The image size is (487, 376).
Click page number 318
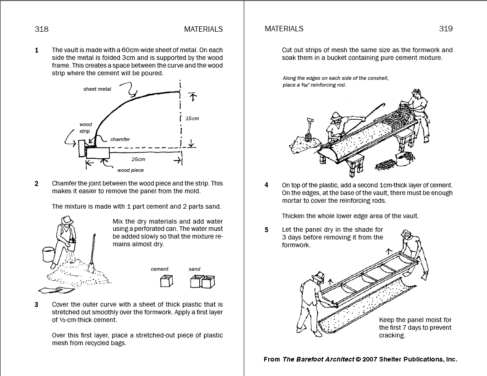pos(41,29)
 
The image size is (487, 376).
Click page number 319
pos(446,29)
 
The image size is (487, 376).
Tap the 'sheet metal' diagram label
pos(97,89)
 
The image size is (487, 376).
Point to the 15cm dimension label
pos(192,118)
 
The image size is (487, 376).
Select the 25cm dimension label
pos(138,159)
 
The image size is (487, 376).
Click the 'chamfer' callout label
pos(120,139)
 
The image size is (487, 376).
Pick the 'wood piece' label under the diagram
pos(130,170)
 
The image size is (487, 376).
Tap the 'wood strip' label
pos(85,127)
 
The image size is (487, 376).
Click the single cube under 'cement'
pos(166,282)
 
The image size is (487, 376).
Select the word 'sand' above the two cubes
pos(194,269)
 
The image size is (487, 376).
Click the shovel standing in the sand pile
pos(92,254)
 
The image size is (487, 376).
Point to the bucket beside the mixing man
pos(48,254)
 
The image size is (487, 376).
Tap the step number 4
pos(267,185)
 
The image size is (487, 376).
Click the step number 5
pos(267,230)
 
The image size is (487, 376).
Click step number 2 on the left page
pos(37,184)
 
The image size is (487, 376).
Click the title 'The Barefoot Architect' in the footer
pos(318,359)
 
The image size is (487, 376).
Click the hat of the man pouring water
pos(68,219)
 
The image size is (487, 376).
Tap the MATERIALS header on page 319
pos(284,29)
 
